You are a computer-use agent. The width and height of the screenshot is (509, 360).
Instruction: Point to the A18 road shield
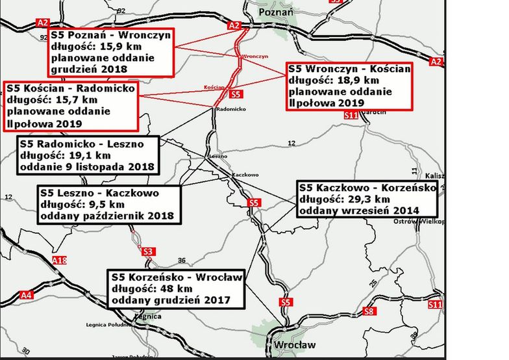click(x=59, y=261)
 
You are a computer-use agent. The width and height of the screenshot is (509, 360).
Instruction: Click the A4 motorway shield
click(x=26, y=295)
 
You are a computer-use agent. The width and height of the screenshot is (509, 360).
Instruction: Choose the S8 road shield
click(x=369, y=311)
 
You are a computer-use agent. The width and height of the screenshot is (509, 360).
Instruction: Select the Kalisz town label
click(x=434, y=175)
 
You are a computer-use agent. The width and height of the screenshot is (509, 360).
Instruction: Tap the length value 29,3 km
click(x=366, y=199)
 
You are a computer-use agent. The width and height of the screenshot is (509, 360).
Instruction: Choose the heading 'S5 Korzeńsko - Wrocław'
click(x=177, y=277)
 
